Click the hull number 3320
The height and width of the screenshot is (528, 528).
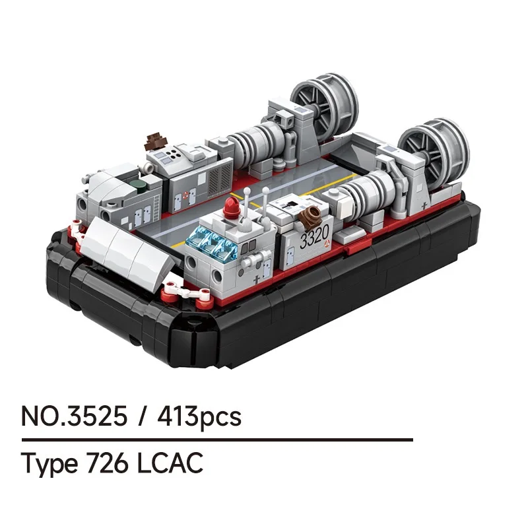pyautogui.click(x=313, y=240)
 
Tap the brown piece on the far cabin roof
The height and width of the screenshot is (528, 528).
pyautogui.click(x=157, y=141)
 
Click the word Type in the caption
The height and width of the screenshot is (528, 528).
pyautogui.click(x=49, y=464)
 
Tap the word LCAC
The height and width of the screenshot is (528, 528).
pyautogui.click(x=170, y=463)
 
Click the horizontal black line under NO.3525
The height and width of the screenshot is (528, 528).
pyautogui.click(x=217, y=439)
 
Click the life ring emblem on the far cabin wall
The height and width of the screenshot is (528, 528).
pyautogui.click(x=186, y=195)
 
